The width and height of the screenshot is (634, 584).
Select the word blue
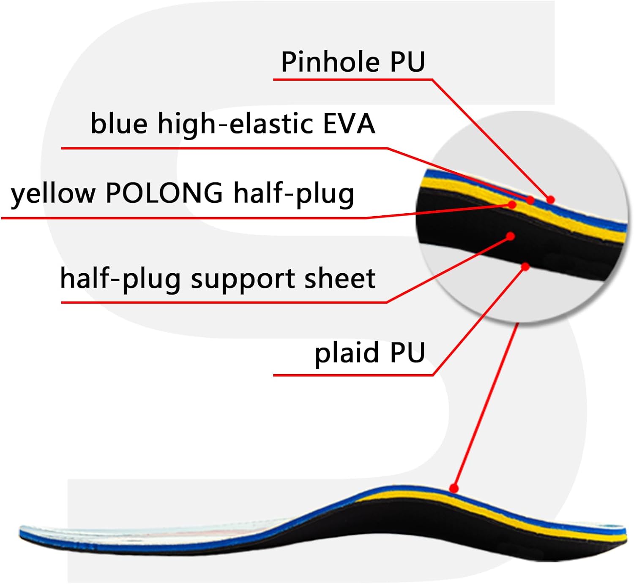[x=119, y=123]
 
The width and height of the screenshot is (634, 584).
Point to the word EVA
[x=349, y=124]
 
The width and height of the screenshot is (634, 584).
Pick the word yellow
[x=53, y=193]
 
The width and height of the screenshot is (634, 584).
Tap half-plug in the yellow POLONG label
[x=294, y=194]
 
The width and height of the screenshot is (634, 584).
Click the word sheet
[x=340, y=278]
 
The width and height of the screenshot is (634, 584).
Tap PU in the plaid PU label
[x=408, y=353]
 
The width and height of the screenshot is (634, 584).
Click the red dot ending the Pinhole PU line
[x=550, y=200]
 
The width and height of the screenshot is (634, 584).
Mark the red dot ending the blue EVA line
[x=530, y=200]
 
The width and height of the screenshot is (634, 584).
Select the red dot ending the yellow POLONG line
[x=512, y=204]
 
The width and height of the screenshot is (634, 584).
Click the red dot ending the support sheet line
[x=511, y=236]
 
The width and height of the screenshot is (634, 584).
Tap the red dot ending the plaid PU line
[x=525, y=266]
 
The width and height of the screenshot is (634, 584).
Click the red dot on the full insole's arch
[x=454, y=488]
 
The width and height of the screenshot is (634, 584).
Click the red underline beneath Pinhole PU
[x=353, y=79]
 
